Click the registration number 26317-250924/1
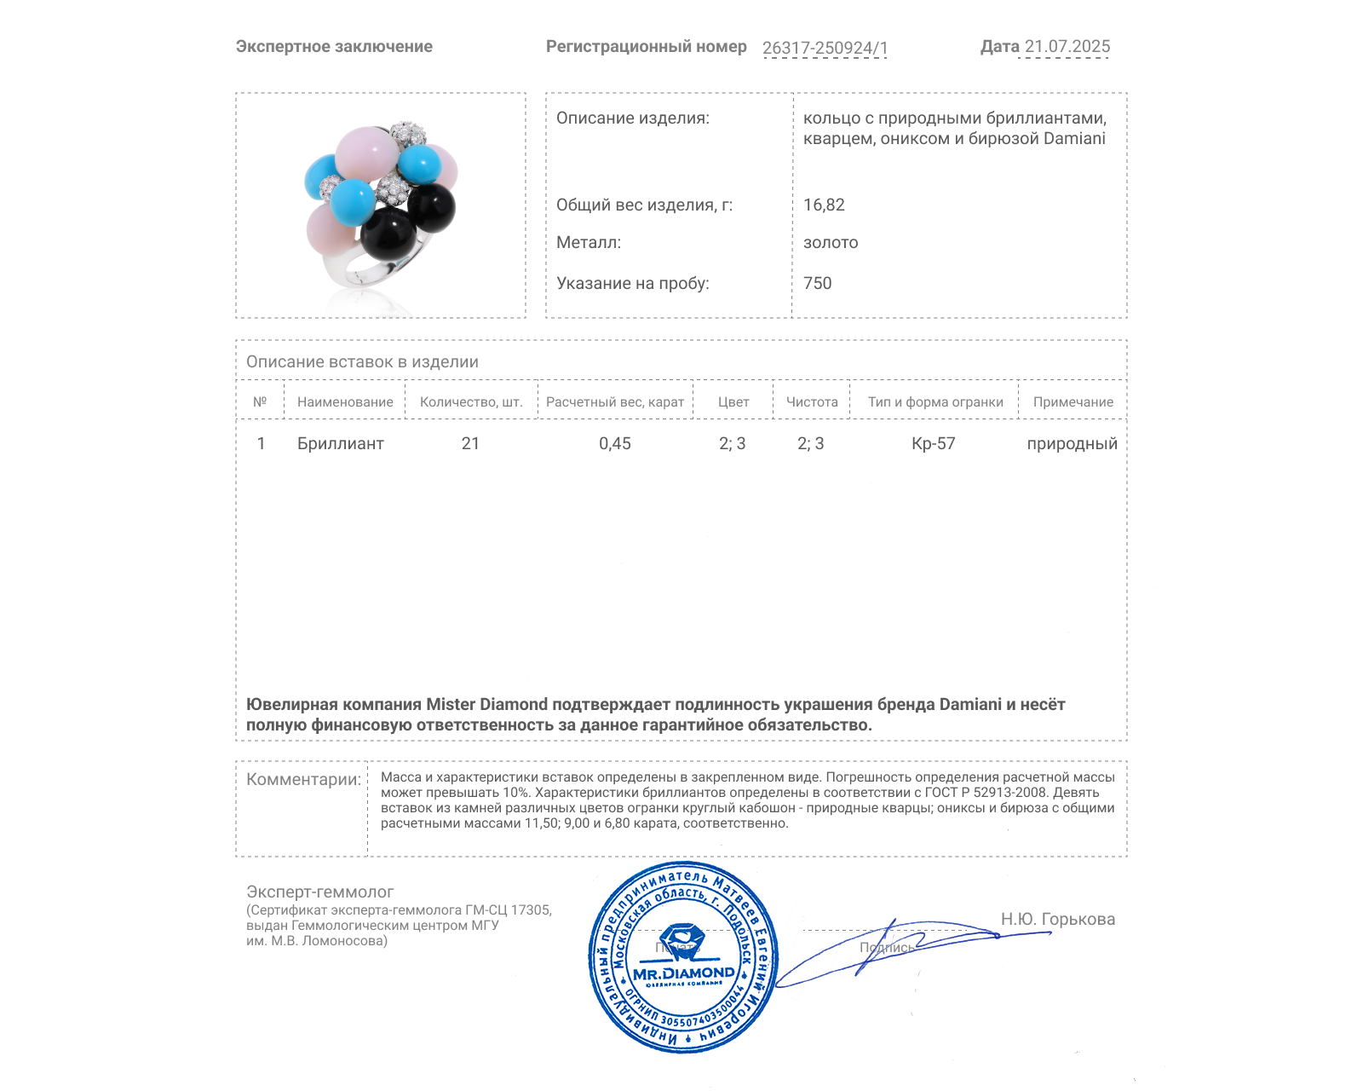click(x=825, y=49)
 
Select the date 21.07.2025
click(x=1067, y=47)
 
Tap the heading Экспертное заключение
click(x=334, y=47)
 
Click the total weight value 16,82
click(x=824, y=205)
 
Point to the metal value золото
click(x=831, y=243)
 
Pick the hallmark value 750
click(x=817, y=284)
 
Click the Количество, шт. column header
click(x=471, y=402)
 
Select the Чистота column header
click(x=812, y=402)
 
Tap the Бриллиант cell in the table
click(x=340, y=444)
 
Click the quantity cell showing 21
click(x=470, y=444)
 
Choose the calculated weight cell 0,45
click(x=615, y=444)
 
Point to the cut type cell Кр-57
click(x=934, y=444)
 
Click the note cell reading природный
click(x=1072, y=444)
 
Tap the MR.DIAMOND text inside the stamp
click(x=684, y=973)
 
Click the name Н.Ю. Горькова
click(x=1057, y=920)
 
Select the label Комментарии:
click(x=303, y=780)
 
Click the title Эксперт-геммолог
click(x=320, y=892)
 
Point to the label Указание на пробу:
click(x=632, y=284)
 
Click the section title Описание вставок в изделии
click(x=362, y=362)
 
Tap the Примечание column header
click(x=1073, y=402)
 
